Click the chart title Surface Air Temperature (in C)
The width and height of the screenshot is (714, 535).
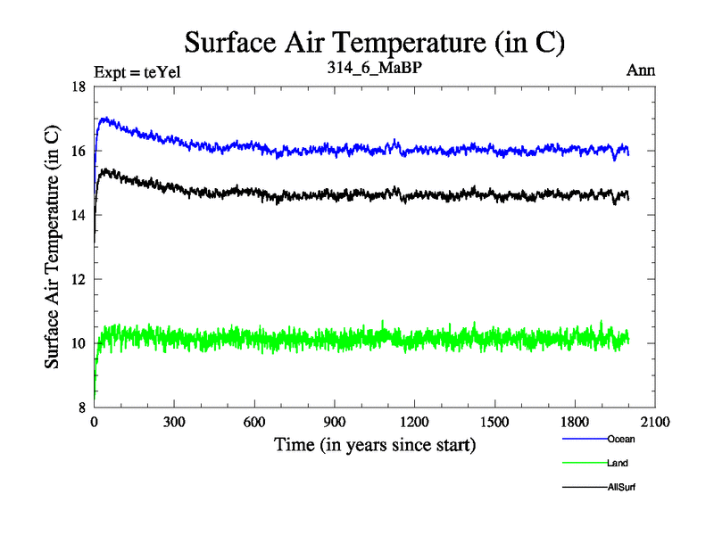pyautogui.click(x=375, y=41)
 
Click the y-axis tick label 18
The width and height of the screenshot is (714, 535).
pyautogui.click(x=79, y=86)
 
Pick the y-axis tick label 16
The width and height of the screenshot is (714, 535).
pyautogui.click(x=79, y=151)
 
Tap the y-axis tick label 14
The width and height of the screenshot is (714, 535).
pyautogui.click(x=79, y=215)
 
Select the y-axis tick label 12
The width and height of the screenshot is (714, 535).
pyautogui.click(x=79, y=279)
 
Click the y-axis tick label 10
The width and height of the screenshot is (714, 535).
pyautogui.click(x=79, y=343)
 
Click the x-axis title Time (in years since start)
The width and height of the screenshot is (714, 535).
pyautogui.click(x=375, y=444)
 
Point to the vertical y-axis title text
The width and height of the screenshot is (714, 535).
pyautogui.click(x=53, y=247)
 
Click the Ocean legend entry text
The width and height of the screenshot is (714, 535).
pyautogui.click(x=621, y=439)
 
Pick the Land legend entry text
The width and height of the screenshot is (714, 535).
pyautogui.click(x=619, y=463)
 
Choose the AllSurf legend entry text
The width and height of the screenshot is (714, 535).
pyautogui.click(x=621, y=487)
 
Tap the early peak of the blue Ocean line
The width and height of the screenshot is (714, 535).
pyautogui.click(x=105, y=118)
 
